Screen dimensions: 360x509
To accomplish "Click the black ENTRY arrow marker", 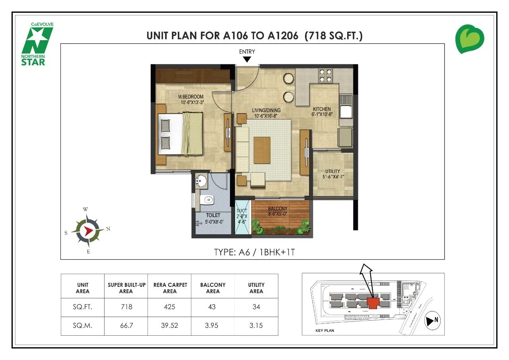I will coord(247,60).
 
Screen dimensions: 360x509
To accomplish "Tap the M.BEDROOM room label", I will coord(191,99).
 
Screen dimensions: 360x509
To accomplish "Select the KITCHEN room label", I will coord(322,111).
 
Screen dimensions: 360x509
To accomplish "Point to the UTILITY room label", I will coord(332,174).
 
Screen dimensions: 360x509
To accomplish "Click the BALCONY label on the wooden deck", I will coord(278,211).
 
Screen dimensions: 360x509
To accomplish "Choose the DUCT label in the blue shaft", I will coord(242,214).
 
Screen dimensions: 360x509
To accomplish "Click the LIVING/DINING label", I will coord(266,113).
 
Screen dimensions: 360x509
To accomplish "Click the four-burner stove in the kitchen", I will coord(325,76).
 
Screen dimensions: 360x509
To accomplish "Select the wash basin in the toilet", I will coord(202,181).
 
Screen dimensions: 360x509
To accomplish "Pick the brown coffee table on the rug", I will coord(262,150).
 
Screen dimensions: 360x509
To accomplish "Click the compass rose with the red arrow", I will coord(88,230).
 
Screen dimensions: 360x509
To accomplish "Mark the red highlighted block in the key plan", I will coord(373,304).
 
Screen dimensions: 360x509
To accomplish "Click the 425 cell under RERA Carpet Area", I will coord(169,307).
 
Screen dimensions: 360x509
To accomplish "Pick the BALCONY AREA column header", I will coord(213,288).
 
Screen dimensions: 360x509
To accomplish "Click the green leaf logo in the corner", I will coord(470,39).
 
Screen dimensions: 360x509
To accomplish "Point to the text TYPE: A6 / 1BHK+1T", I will coord(254,252).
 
